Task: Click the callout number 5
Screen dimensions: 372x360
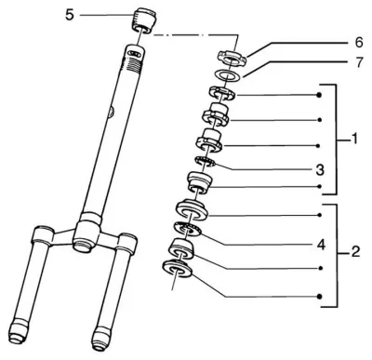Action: point(70,15)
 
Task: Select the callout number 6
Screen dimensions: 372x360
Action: point(358,43)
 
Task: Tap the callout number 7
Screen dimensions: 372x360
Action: point(359,62)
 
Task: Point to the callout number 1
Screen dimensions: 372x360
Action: point(353,139)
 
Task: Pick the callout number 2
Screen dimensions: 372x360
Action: point(355,252)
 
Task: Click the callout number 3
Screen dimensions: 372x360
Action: point(320,170)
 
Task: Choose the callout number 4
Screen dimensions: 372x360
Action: point(321,245)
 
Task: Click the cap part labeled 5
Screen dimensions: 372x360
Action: point(144,20)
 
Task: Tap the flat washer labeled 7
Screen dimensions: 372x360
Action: point(228,75)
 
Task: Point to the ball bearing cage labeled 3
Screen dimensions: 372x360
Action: point(205,162)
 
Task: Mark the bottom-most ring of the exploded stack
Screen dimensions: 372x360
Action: point(178,268)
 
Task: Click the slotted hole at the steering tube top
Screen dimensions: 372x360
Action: point(134,54)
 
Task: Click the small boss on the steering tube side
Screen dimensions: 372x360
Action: point(112,112)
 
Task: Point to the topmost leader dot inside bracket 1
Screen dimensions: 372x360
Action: point(319,95)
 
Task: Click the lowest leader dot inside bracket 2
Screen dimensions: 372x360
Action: point(320,297)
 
